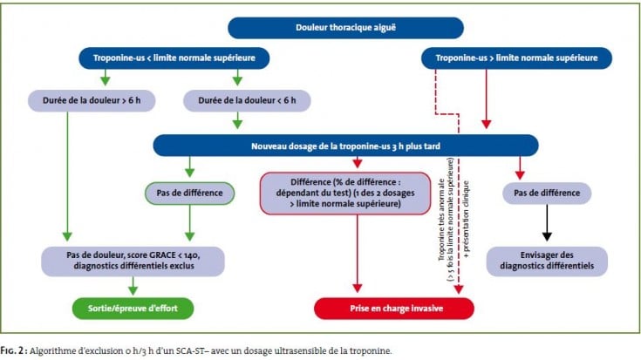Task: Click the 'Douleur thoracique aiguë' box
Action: [345, 28]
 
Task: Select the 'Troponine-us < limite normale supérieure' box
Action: [174, 58]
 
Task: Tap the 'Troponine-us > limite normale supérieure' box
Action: [516, 58]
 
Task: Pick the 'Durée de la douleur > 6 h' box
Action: [92, 100]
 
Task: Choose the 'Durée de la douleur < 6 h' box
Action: [247, 100]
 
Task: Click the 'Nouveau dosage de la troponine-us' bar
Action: [345, 146]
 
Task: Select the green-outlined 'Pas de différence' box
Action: [190, 193]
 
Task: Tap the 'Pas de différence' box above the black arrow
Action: [547, 193]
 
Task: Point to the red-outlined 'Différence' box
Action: [345, 193]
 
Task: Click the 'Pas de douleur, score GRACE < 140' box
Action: [133, 261]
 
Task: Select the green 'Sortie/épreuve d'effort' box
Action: [133, 308]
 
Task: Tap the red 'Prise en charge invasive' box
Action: [394, 308]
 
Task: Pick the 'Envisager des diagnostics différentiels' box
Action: [547, 261]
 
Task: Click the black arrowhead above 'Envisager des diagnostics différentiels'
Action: [547, 236]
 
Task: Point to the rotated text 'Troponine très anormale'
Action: [441, 220]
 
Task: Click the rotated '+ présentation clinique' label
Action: [467, 220]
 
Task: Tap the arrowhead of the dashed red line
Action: [459, 289]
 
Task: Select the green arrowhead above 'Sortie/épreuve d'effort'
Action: [133, 290]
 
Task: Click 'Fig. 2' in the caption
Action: [12, 350]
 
